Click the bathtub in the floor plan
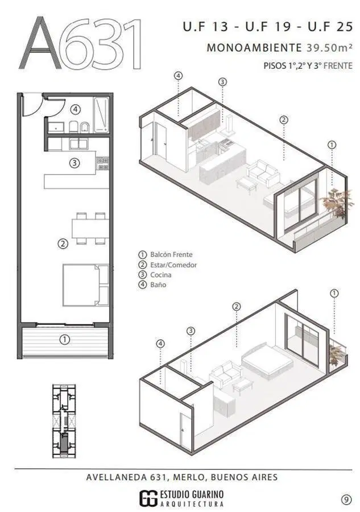pos(101,115)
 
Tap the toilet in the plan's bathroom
pos(73,127)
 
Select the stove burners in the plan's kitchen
pos(102,163)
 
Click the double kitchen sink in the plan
pos(78,143)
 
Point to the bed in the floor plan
pos(86,285)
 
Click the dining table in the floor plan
pos(90,228)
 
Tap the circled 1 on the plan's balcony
pos(65,340)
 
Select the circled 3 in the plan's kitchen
pos(75,162)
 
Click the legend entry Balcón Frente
pos(165,254)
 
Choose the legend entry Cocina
pos(155,275)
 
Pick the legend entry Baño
pos(152,284)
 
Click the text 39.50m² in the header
pos(329,47)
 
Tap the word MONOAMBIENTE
pos(254,48)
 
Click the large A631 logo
pos(81,43)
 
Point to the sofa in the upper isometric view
pos(263,172)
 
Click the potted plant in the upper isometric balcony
pos(337,203)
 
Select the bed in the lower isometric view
pos(267,361)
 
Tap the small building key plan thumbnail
pos(64,421)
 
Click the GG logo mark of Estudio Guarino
pos(148,498)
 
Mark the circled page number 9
pos(346,499)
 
